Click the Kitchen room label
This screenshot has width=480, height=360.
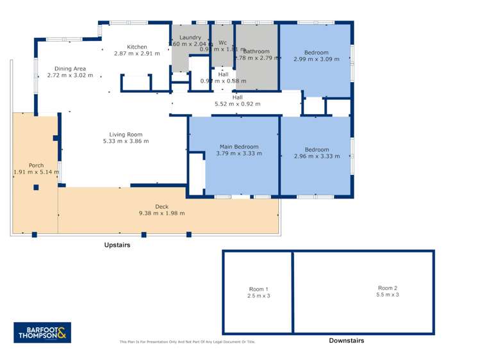tap(137, 47)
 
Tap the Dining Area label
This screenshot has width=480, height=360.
tap(70, 69)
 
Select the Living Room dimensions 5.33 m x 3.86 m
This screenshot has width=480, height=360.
tap(126, 141)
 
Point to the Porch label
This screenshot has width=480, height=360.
tap(36, 165)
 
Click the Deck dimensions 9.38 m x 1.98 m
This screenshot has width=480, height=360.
tap(161, 213)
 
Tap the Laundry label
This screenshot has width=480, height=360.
tap(190, 38)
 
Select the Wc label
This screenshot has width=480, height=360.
tap(222, 42)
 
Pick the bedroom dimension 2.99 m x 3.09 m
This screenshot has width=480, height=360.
tap(316, 59)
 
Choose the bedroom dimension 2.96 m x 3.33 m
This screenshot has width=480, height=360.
tap(316, 156)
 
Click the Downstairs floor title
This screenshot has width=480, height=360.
tap(346, 340)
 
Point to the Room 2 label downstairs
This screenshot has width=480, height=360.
tap(388, 288)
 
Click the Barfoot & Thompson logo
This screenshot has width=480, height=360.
tap(42, 332)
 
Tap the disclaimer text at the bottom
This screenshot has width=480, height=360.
tap(187, 342)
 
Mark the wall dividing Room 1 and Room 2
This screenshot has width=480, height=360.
tap(293, 291)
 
